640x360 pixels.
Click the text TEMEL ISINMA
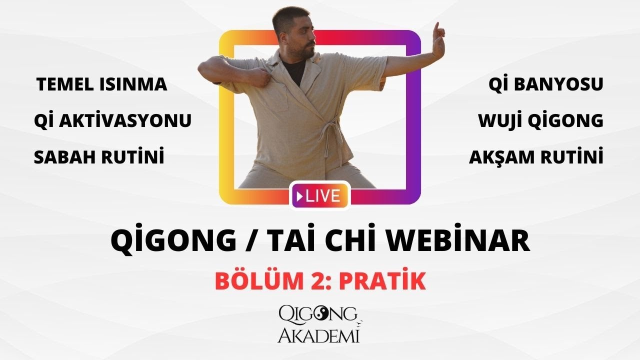pos(101,84)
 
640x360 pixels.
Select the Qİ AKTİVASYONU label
pos(112,120)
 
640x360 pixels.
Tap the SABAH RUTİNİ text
pos(99,157)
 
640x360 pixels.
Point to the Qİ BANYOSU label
pos(545,84)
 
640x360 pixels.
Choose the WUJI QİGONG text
pos(540,120)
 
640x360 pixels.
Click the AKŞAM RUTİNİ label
pos(536,157)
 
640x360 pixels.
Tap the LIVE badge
pos(318,195)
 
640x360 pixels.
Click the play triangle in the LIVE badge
pos(299,196)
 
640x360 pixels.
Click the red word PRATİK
pos(382,281)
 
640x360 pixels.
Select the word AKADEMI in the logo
pos(318,335)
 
